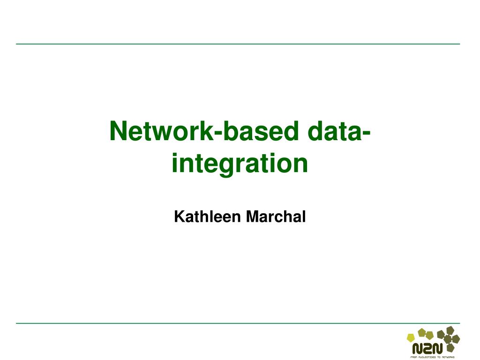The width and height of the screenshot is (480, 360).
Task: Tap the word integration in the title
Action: click(x=240, y=163)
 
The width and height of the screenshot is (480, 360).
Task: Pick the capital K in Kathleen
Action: click(x=178, y=217)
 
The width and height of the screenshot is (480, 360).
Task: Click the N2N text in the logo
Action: click(x=427, y=348)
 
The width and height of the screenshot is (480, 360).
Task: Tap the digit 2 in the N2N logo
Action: click(x=427, y=348)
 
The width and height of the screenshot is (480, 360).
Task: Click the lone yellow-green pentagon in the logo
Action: click(x=411, y=337)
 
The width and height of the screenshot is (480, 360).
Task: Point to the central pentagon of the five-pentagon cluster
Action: click(x=448, y=339)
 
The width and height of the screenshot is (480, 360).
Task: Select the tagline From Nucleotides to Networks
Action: click(x=432, y=357)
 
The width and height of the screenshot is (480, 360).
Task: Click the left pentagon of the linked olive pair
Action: click(x=422, y=333)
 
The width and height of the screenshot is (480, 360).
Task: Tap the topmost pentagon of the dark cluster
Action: click(x=450, y=330)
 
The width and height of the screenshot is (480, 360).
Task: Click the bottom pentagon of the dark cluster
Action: click(x=450, y=348)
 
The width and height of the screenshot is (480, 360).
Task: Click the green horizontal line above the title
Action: click(x=238, y=44)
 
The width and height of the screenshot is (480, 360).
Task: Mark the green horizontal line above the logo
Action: click(x=238, y=323)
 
